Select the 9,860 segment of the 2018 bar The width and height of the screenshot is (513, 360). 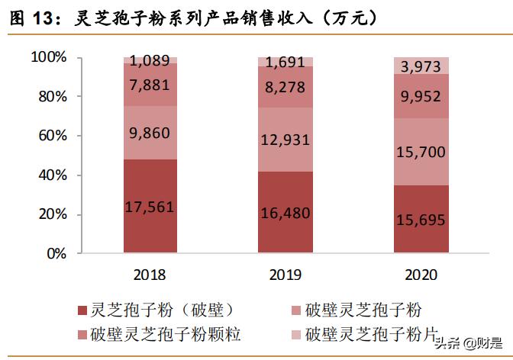point(150,132)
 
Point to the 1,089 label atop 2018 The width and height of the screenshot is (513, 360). point(150,60)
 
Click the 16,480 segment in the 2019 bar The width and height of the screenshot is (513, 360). point(285,213)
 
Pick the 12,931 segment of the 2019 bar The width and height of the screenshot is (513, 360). point(285,140)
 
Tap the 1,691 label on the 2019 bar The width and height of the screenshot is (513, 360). point(285,63)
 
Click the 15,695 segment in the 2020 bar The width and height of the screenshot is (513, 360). point(421,220)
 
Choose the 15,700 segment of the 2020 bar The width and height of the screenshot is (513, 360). point(421,152)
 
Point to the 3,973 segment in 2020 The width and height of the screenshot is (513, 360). point(421,66)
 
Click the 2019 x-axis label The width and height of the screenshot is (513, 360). point(285,274)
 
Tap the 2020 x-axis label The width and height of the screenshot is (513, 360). point(421,274)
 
